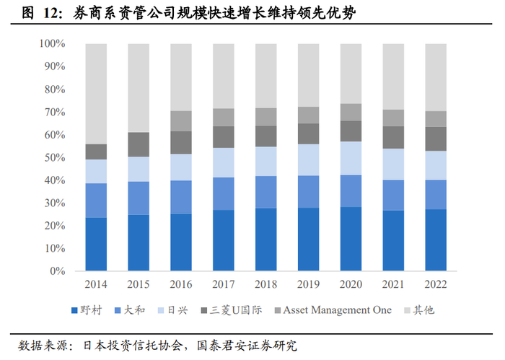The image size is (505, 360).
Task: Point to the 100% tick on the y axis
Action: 51,44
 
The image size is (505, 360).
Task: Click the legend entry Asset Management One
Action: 331,310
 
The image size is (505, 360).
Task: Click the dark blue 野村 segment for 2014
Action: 96,245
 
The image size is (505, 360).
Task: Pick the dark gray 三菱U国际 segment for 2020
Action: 351,131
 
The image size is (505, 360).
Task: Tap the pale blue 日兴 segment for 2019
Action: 308,159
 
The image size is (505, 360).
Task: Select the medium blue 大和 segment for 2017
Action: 224,193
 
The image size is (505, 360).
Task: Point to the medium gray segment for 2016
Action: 181,121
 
